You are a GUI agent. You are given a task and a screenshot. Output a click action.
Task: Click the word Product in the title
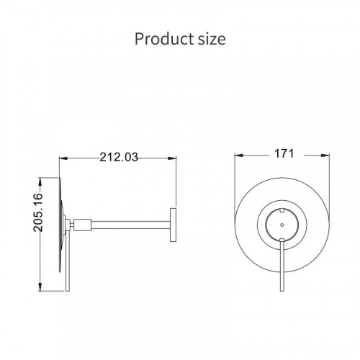tap(164, 39)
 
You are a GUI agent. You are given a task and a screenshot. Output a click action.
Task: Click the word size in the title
tap(212, 40)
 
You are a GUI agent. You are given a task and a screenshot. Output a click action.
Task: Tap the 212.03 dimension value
tap(119, 158)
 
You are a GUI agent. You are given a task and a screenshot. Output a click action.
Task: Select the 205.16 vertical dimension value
tap(38, 212)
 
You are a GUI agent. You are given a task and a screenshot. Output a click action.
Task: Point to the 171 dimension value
tap(284, 153)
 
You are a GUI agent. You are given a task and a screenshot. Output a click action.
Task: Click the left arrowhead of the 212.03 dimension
tap(63, 158)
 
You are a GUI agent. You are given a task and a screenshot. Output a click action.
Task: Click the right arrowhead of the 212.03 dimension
tap(172, 158)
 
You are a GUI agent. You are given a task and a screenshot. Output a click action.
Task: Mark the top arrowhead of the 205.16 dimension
tap(40, 181)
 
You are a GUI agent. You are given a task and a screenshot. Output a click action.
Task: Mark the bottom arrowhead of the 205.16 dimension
tap(40, 287)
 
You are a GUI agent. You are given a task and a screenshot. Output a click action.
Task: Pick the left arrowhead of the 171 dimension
tap(238, 156)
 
